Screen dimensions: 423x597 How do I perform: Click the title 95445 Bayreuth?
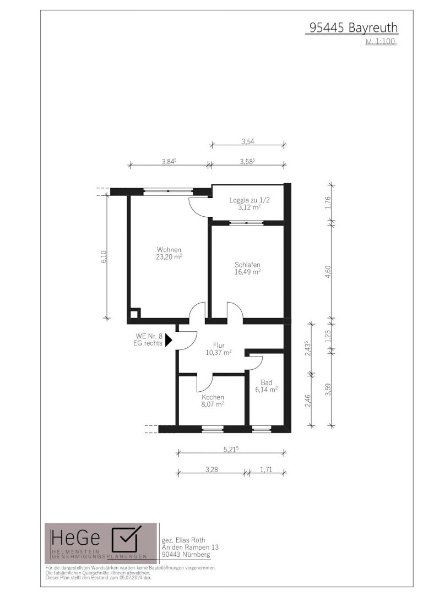[353, 28]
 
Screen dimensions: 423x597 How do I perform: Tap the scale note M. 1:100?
[381, 41]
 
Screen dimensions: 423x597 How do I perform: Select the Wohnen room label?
[169, 250]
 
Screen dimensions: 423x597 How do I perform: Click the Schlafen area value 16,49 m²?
[247, 271]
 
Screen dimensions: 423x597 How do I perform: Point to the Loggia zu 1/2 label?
[249, 200]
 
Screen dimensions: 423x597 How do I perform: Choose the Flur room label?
[219, 346]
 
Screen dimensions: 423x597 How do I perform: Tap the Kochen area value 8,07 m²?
[213, 404]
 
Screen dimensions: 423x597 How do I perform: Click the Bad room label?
[267, 382]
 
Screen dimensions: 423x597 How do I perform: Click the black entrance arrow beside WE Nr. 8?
[169, 339]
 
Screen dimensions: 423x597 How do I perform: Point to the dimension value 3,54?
[248, 141]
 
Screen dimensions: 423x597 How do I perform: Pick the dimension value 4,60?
[328, 272]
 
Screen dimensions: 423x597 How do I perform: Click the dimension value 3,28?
[211, 469]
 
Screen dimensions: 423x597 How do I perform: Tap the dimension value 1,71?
[266, 469]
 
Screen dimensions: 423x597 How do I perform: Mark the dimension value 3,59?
[328, 390]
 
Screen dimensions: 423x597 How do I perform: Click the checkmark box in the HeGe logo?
[125, 539]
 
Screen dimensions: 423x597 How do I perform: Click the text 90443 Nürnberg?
[186, 555]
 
